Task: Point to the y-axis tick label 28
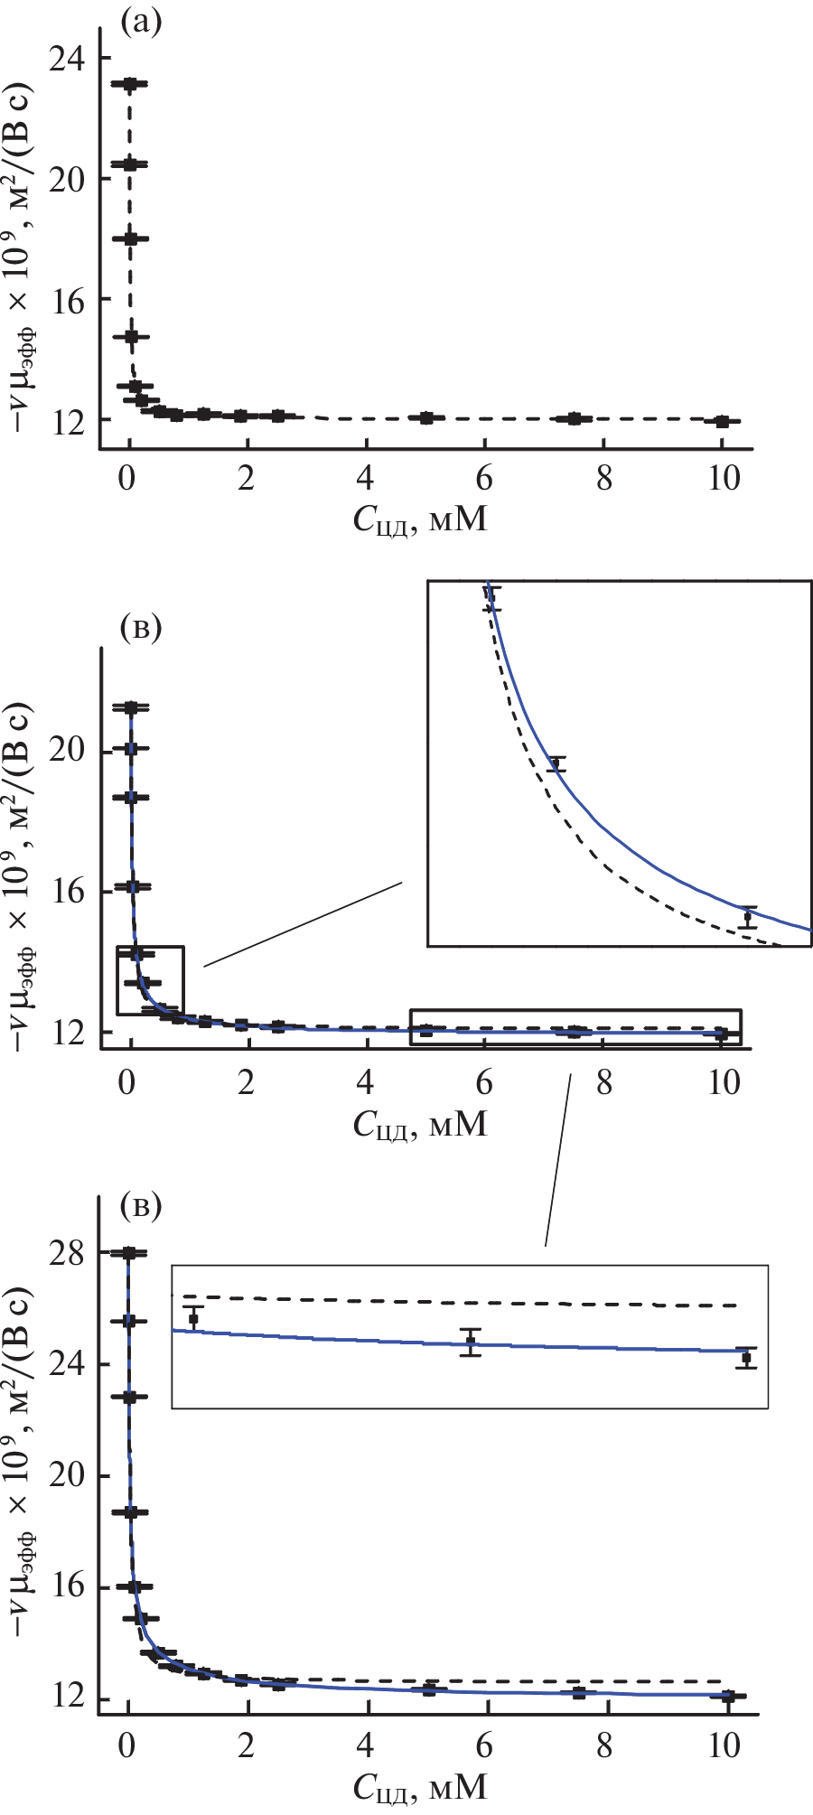coord(69,1254)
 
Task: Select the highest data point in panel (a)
coord(130,84)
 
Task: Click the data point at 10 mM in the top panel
coord(722,421)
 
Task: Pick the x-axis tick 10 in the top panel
coord(724,478)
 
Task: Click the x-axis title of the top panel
coord(421,519)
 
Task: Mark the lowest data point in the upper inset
coord(747,917)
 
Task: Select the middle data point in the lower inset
coord(470,1342)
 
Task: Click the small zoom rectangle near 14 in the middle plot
coord(151,980)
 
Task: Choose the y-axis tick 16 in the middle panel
coord(69,892)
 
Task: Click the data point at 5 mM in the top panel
coord(426,417)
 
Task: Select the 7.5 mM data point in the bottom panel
coord(579,1692)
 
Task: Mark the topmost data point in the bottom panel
coord(129,1253)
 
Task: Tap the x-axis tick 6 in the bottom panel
coord(485,1746)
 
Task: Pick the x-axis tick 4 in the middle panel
coord(366,1082)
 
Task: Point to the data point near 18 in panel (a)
coord(130,239)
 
